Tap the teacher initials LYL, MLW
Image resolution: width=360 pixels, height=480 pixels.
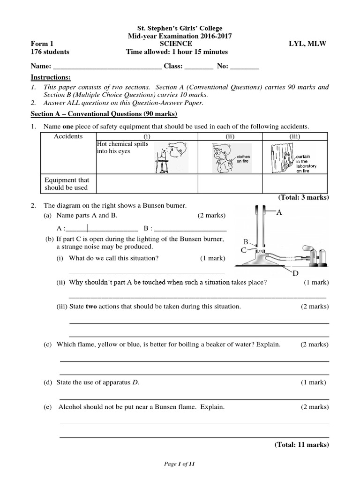[x=308, y=44]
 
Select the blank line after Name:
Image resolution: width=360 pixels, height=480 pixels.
[x=108, y=67]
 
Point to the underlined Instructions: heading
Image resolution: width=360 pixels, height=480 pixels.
[x=51, y=77]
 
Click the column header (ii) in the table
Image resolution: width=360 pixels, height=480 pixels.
[x=230, y=136]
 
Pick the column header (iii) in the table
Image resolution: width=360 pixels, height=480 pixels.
[x=294, y=136]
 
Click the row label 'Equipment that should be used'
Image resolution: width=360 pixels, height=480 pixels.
[x=66, y=184]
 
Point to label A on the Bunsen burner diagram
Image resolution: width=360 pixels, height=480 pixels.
[x=279, y=212]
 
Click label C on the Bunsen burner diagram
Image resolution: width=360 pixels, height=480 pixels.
[x=243, y=251]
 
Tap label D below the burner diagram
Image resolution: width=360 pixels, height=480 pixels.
[x=296, y=273]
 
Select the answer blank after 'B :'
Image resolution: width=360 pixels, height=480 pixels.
[x=190, y=229]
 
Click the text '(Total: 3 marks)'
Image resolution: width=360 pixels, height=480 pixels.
[x=304, y=197]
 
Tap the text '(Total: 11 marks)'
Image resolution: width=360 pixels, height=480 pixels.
[x=302, y=445]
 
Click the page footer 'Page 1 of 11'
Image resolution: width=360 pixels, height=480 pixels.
[x=180, y=464]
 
